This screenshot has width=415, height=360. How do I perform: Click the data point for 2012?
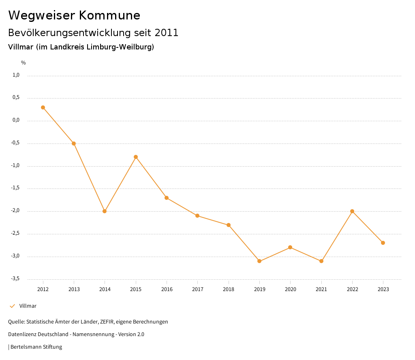click(x=43, y=107)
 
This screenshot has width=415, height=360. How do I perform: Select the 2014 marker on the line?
click(x=105, y=211)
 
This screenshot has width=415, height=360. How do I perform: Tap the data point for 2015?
click(x=136, y=157)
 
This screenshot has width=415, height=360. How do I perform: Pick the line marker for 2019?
click(x=259, y=261)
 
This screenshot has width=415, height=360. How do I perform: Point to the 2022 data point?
click(x=352, y=211)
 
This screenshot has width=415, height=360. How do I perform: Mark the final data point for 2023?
click(x=383, y=243)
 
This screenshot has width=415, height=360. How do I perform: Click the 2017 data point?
click(x=197, y=216)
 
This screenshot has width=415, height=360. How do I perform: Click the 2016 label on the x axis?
click(x=167, y=289)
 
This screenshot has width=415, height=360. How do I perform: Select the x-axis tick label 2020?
click(x=290, y=289)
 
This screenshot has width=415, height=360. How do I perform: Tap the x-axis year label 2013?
click(x=74, y=289)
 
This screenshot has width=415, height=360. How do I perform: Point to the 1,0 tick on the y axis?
click(x=16, y=75)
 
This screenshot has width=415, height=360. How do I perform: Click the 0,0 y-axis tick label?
click(x=16, y=120)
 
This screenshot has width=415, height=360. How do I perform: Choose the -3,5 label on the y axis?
click(x=15, y=279)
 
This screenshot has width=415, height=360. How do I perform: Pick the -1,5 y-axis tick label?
click(x=15, y=188)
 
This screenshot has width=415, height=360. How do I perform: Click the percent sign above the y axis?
click(x=24, y=63)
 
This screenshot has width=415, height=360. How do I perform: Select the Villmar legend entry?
click(x=28, y=306)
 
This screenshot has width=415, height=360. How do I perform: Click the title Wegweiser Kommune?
click(x=74, y=15)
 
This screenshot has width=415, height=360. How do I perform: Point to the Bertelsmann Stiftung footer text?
click(x=36, y=347)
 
